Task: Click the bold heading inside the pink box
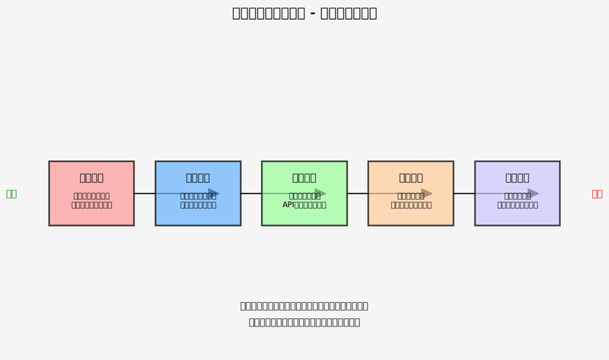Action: [91, 178]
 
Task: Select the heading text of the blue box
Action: [198, 178]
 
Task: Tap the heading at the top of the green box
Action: [304, 178]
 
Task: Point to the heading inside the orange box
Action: [411, 178]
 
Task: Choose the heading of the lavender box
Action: [518, 178]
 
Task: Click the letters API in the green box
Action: [289, 205]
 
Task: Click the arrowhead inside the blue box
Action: [214, 193]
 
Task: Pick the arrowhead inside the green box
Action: [320, 193]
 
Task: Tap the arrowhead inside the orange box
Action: [427, 193]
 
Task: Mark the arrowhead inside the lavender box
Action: [534, 193]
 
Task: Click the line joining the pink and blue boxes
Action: [145, 193]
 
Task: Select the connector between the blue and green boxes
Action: [251, 193]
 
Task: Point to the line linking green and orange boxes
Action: [358, 193]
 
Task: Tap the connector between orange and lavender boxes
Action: [464, 193]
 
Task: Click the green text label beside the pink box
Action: [11, 194]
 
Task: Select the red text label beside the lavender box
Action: [597, 194]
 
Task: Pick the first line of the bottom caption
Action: [304, 306]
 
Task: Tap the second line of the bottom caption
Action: [304, 322]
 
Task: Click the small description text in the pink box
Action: [91, 200]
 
